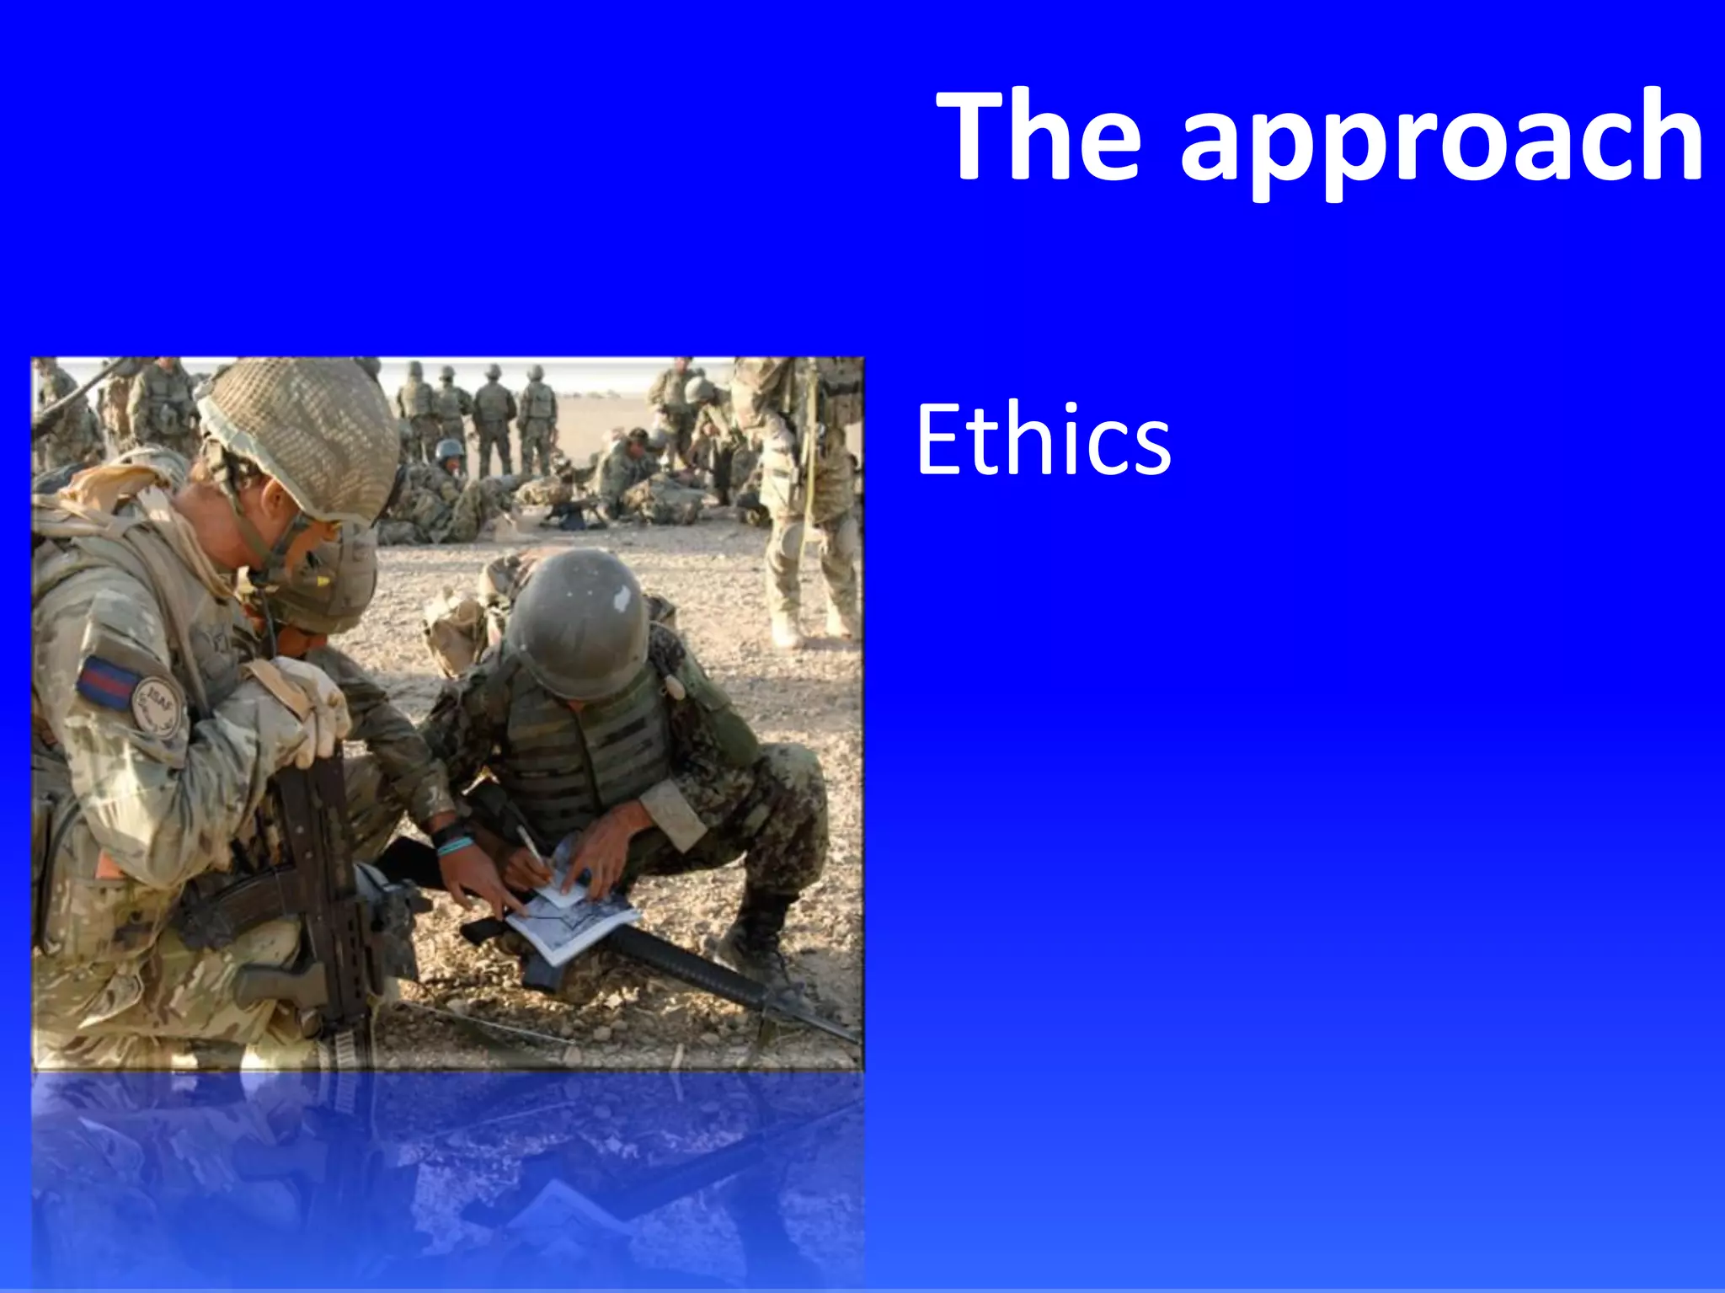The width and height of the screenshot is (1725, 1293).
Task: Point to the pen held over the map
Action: [x=532, y=851]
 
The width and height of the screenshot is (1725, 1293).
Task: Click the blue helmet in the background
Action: [x=448, y=448]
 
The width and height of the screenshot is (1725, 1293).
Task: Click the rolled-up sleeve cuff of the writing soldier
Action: [x=674, y=813]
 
